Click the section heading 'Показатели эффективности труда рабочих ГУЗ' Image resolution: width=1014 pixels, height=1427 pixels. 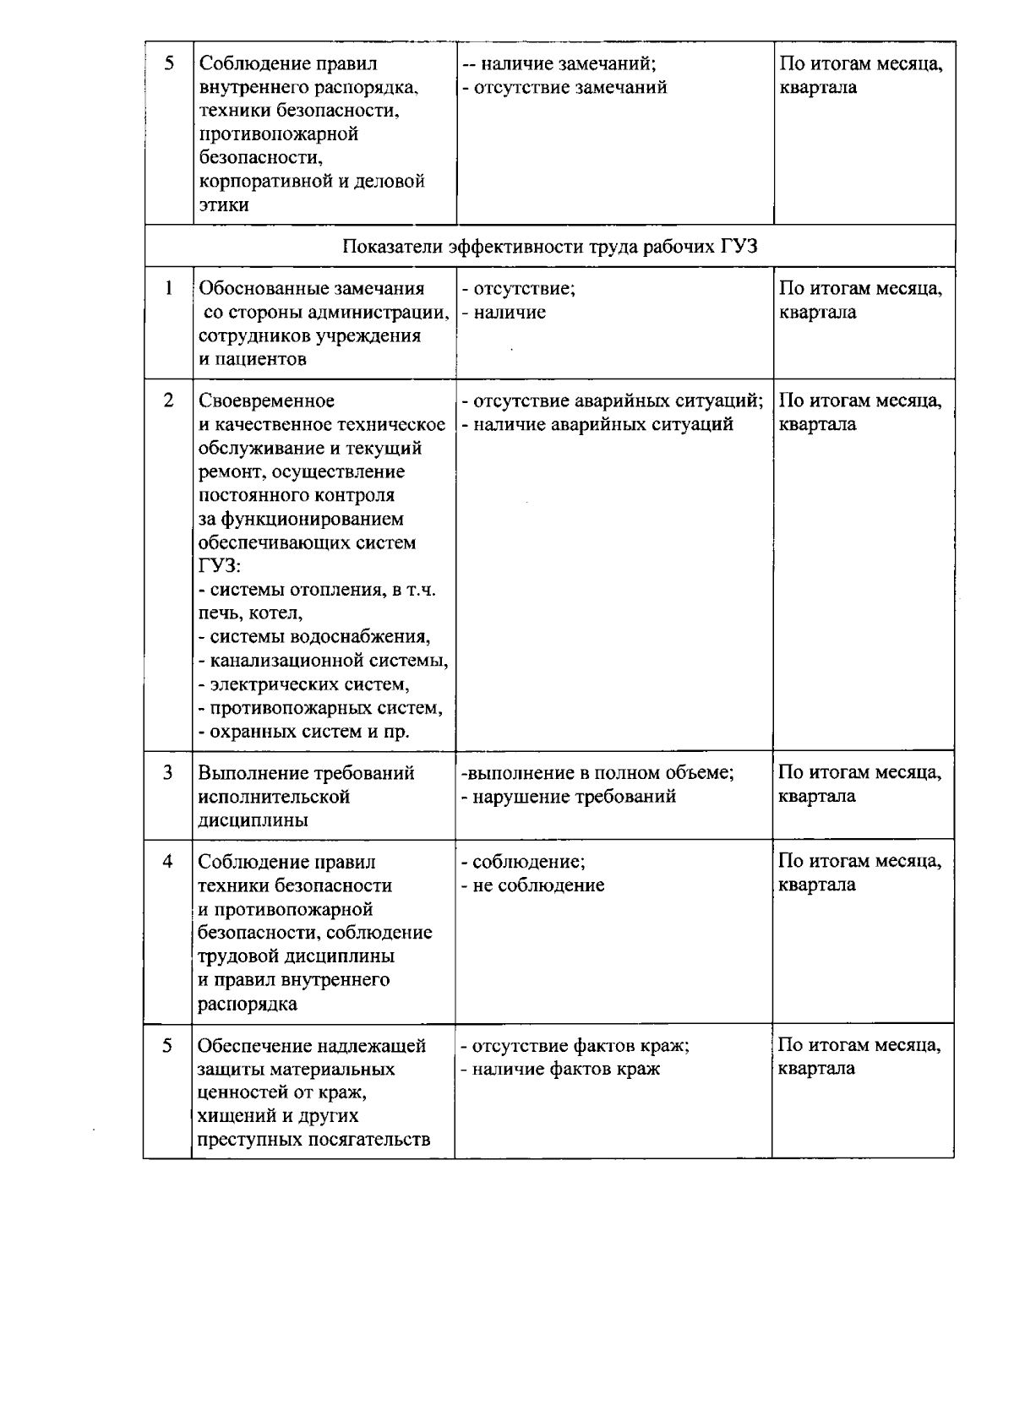click(x=550, y=247)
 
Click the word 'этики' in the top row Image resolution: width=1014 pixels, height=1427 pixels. click(x=223, y=205)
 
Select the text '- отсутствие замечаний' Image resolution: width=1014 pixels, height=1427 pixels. click(x=564, y=88)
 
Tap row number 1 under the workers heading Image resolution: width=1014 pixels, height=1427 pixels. click(x=169, y=288)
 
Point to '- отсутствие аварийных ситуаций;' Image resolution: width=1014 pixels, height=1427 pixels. click(x=612, y=400)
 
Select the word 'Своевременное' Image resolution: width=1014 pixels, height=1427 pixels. click(x=266, y=400)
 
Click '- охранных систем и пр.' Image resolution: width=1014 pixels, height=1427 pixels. click(x=303, y=732)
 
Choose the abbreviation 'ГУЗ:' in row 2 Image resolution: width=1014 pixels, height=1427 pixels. click(x=219, y=566)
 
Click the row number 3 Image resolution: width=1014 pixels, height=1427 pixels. click(x=168, y=772)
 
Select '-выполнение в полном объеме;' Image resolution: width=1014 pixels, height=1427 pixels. click(x=597, y=772)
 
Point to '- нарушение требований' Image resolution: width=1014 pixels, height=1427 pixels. click(x=568, y=796)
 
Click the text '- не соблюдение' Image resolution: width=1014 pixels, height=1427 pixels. click(x=532, y=885)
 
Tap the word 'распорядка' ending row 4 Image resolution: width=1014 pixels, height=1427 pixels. click(x=248, y=1005)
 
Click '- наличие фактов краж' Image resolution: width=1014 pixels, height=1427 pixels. click(x=560, y=1069)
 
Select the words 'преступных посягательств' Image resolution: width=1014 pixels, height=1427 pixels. click(x=313, y=1140)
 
